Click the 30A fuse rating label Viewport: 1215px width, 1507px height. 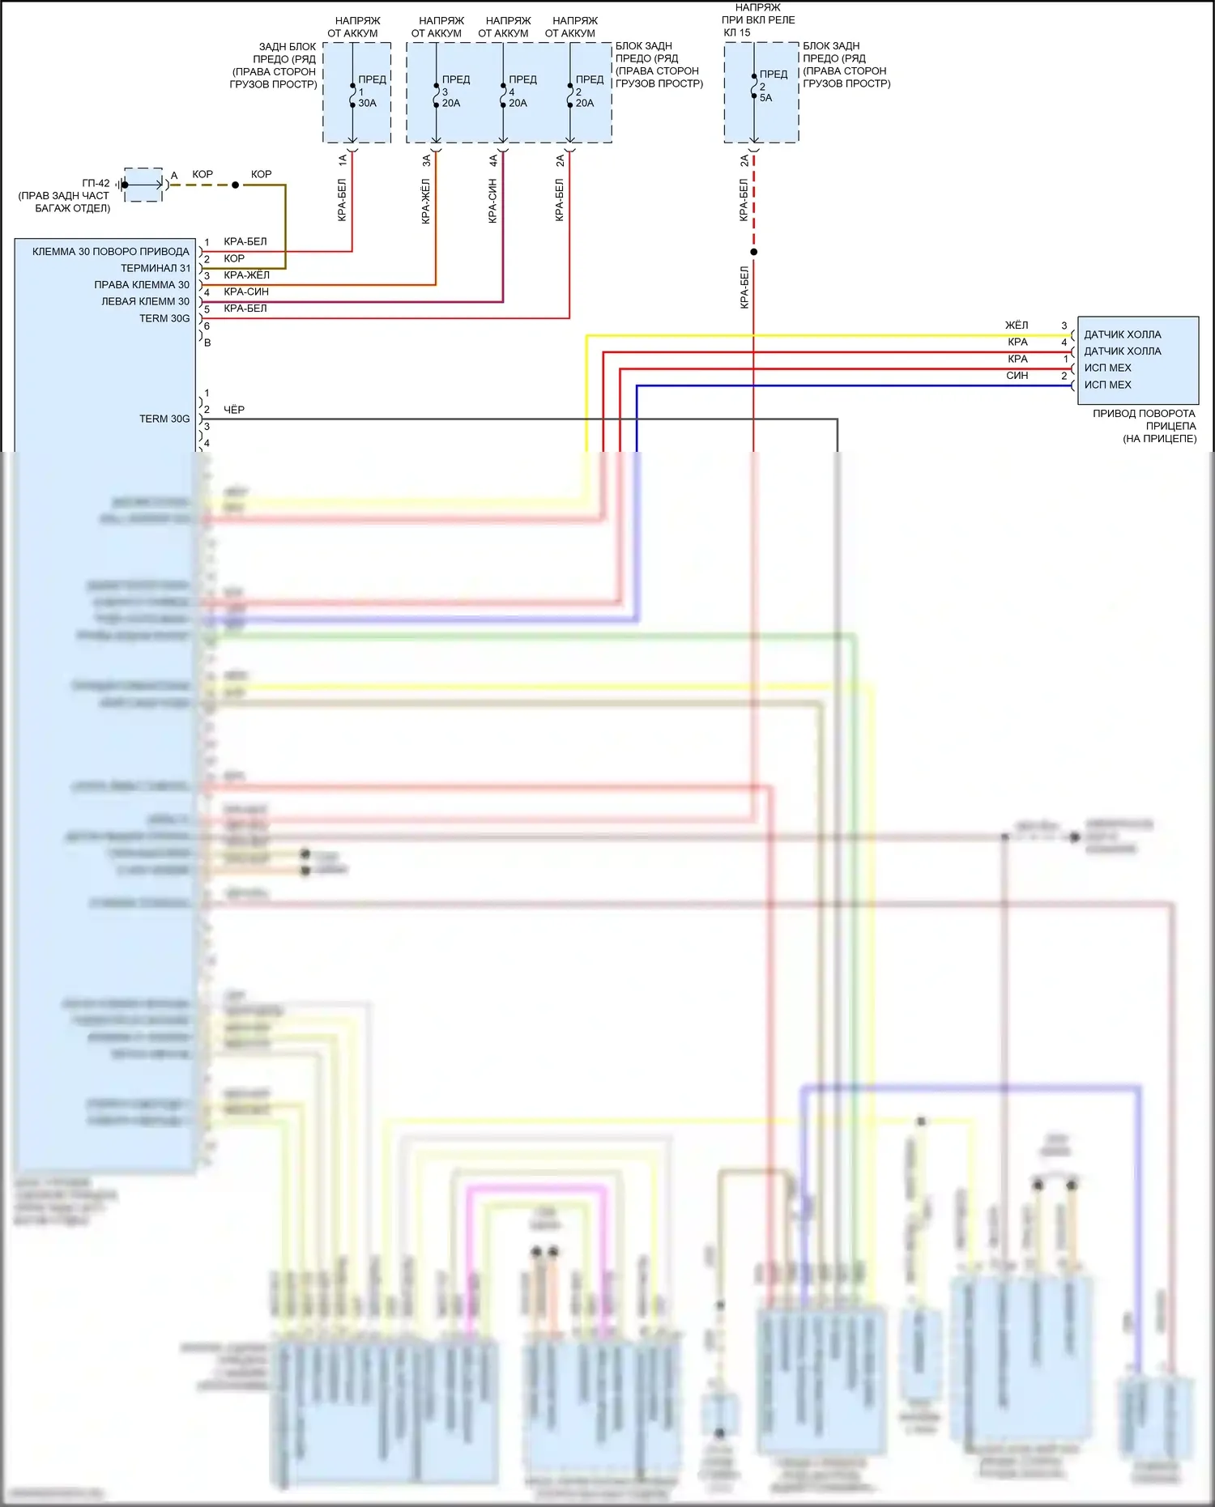(367, 103)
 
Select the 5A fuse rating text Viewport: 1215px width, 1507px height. (765, 98)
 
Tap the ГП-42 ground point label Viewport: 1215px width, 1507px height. (96, 183)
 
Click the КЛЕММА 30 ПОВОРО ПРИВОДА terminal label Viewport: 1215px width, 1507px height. (110, 251)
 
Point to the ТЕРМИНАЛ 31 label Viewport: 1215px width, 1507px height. (155, 268)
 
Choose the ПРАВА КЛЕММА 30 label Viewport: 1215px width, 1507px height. (142, 284)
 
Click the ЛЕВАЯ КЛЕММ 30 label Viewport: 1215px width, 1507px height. (145, 301)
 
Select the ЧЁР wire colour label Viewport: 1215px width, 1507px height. (234, 410)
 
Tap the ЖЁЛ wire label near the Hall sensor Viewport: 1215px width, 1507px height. (1017, 325)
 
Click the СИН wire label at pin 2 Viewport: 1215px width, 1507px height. (1017, 376)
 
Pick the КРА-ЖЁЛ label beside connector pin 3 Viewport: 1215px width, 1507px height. (246, 275)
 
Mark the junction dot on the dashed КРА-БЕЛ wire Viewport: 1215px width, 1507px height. (753, 252)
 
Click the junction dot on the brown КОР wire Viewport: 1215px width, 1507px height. (236, 185)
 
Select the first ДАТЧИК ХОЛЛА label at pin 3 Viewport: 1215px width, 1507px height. (1122, 334)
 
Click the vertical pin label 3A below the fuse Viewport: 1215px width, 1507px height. (427, 160)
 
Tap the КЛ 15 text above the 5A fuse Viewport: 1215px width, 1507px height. (737, 32)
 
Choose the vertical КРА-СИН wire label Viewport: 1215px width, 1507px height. (492, 201)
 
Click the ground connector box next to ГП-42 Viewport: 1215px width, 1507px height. (144, 185)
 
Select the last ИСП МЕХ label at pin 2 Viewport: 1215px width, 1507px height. (1107, 385)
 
